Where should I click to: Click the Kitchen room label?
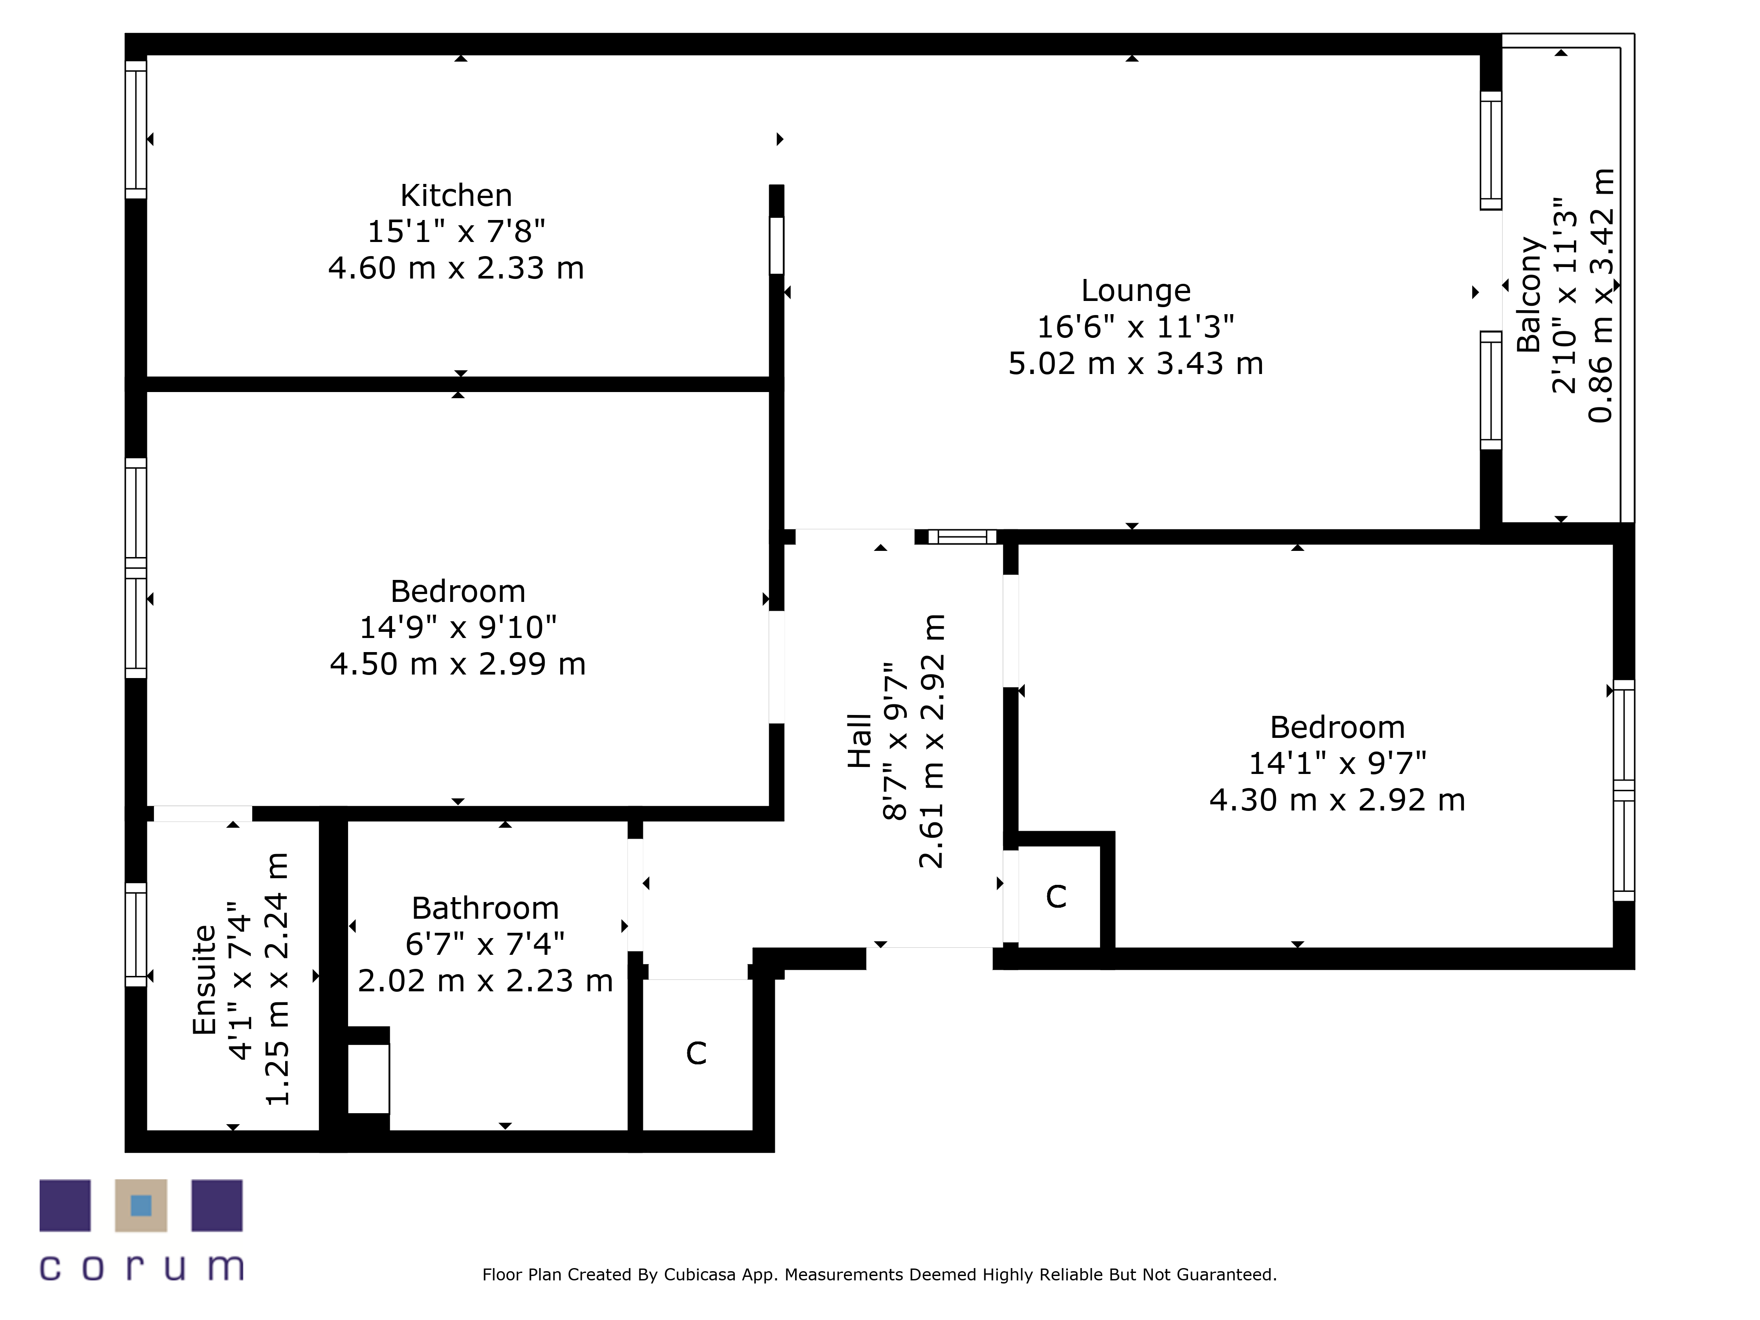coord(456,195)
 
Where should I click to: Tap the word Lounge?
coord(1135,291)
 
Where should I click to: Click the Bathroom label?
coord(485,908)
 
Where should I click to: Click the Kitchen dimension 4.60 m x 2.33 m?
coord(456,268)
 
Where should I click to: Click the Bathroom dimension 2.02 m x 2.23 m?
coord(485,980)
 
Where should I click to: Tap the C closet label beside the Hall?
coord(1056,897)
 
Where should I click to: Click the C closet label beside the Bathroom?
coord(696,1053)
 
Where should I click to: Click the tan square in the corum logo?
coord(141,1206)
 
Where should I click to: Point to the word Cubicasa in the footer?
coord(700,1275)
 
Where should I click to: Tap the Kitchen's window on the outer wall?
coord(136,130)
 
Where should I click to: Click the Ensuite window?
coord(136,935)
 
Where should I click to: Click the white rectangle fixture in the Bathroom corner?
coord(368,1079)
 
